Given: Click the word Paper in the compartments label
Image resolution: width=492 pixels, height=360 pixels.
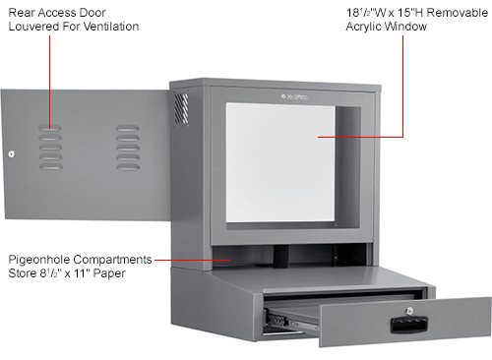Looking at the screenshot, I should pyautogui.click(x=109, y=273).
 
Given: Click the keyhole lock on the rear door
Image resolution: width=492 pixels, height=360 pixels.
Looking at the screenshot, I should pyautogui.click(x=11, y=153).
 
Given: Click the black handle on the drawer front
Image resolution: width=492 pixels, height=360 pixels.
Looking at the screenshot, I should pyautogui.click(x=404, y=321).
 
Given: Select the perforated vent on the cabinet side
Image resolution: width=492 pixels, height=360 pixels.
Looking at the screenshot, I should pyautogui.click(x=181, y=107).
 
